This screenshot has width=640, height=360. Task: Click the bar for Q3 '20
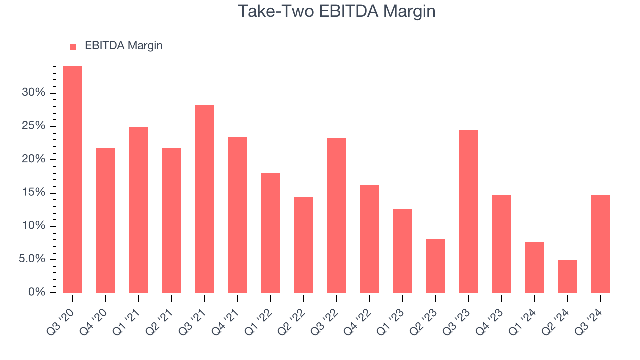[73, 179]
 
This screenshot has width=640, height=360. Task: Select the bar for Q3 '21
[205, 198]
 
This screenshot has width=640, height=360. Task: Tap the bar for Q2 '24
[568, 276]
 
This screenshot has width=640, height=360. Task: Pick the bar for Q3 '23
[469, 211]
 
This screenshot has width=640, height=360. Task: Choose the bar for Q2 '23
[436, 266]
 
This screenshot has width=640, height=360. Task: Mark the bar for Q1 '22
[271, 233]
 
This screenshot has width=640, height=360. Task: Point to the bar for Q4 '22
[370, 238]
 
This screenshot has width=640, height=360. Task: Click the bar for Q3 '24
[601, 243]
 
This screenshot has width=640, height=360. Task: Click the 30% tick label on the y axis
[33, 93]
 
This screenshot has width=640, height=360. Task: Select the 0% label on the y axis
[36, 292]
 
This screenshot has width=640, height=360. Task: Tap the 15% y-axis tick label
[33, 193]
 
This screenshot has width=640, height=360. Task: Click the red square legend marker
[73, 46]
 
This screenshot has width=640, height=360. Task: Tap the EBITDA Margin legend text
[124, 46]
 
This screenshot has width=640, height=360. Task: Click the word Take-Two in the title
[274, 11]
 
